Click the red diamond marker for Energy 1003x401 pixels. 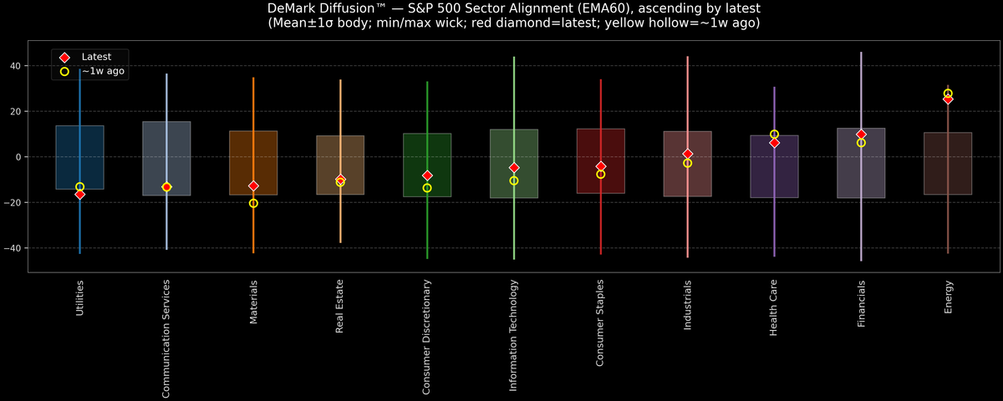(948, 99)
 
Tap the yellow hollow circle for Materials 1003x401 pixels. (253, 203)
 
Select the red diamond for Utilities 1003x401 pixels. (79, 194)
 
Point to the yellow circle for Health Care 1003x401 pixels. (774, 134)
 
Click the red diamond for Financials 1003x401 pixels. (861, 135)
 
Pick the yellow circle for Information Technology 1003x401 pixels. (514, 180)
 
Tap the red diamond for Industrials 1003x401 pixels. (687, 154)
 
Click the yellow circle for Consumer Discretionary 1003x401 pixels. (427, 188)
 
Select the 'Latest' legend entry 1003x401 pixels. (95, 56)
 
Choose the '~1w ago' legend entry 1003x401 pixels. (103, 72)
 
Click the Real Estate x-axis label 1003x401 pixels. (340, 307)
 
